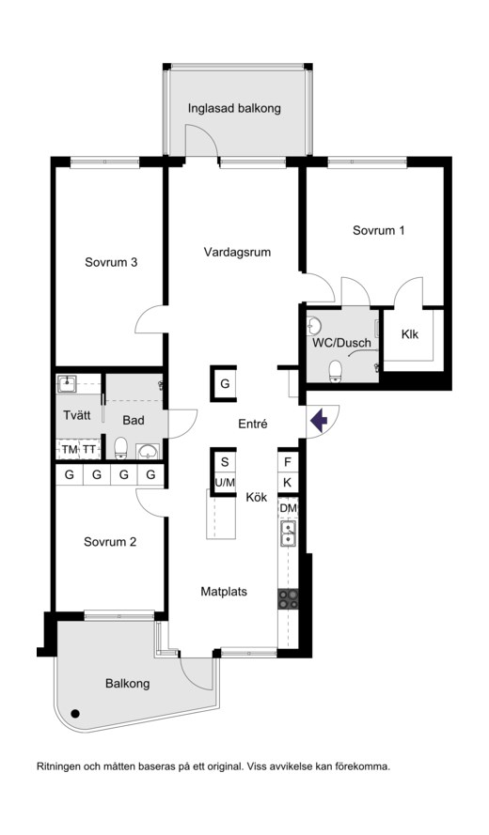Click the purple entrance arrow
pyautogui.click(x=319, y=420)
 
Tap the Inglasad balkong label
pyautogui.click(x=234, y=109)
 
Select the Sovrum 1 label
pyautogui.click(x=379, y=230)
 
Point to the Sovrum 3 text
pyautogui.click(x=111, y=263)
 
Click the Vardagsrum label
pyautogui.click(x=237, y=252)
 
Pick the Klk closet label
pyautogui.click(x=410, y=334)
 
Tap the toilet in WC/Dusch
pyautogui.click(x=336, y=371)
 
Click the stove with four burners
pyautogui.click(x=288, y=599)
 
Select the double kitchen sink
pyautogui.click(x=288, y=534)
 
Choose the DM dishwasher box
pyautogui.click(x=288, y=508)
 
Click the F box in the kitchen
pyautogui.click(x=288, y=462)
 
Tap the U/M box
pyautogui.click(x=225, y=483)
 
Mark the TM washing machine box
pyautogui.click(x=70, y=450)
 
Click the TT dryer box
pyautogui.click(x=89, y=450)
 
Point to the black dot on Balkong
pyautogui.click(x=75, y=713)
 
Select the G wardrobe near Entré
pyautogui.click(x=225, y=383)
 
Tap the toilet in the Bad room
pyautogui.click(x=121, y=447)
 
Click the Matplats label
pyautogui.click(x=224, y=591)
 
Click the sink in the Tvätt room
pyautogui.click(x=67, y=383)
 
